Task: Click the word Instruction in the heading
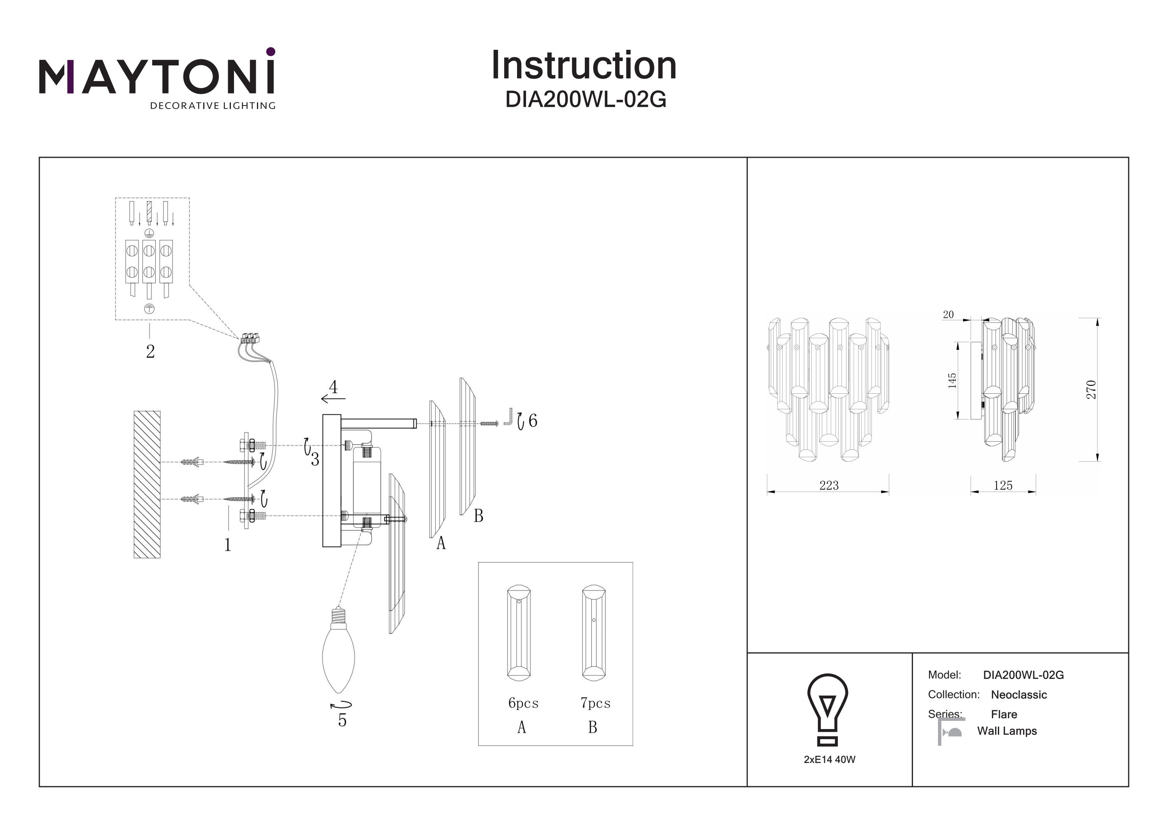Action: tap(584, 66)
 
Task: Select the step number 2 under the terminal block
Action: tap(150, 351)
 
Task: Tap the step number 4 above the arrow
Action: tap(333, 387)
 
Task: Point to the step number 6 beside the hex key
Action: tap(533, 420)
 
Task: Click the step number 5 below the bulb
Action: tap(342, 720)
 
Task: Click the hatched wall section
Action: tap(147, 484)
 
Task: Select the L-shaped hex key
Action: tap(508, 416)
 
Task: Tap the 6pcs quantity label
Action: tap(523, 703)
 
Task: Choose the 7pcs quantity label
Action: tap(595, 703)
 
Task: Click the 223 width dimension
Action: tap(829, 485)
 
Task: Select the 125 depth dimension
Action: tap(1003, 485)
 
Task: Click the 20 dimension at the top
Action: tap(948, 315)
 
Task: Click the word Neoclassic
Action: tap(1018, 695)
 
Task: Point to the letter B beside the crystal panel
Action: tap(478, 516)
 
